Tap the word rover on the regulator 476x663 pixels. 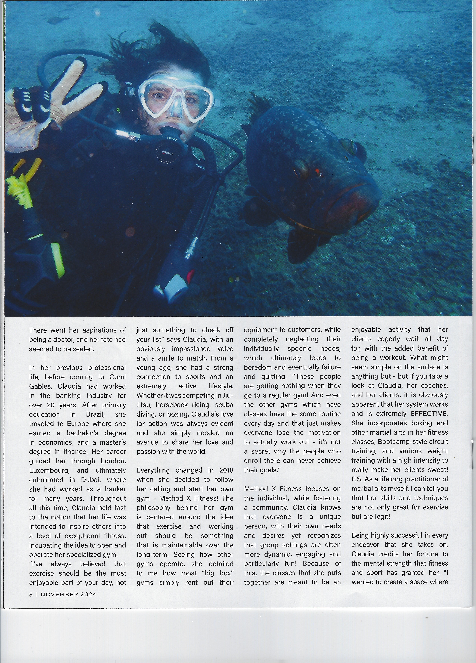coord(172,139)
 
